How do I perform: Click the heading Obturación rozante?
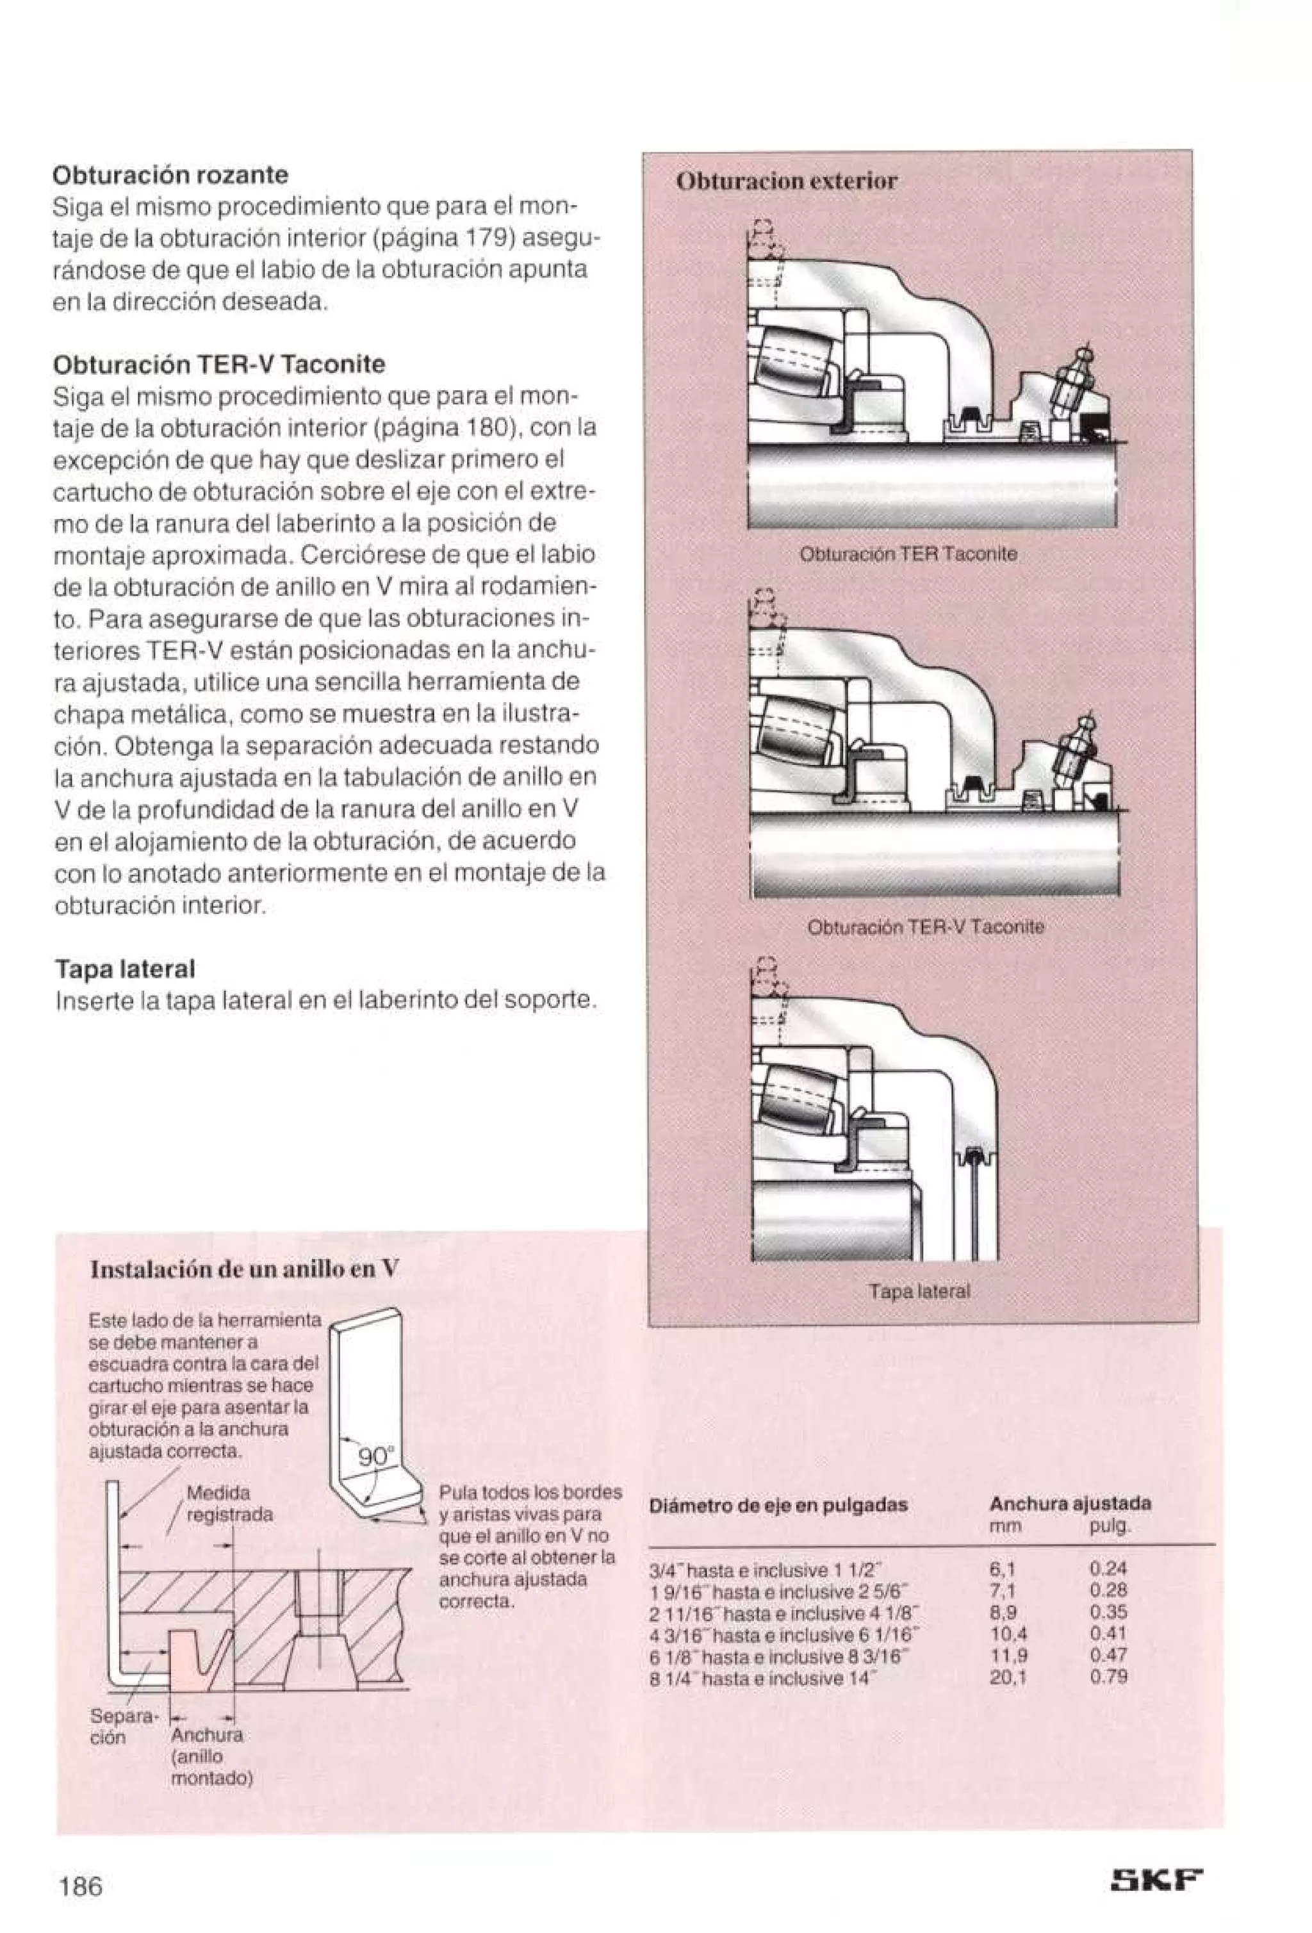click(x=170, y=176)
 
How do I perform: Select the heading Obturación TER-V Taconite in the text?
click(x=218, y=365)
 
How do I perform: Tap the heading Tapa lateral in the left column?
click(x=125, y=969)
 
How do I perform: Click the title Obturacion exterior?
click(x=787, y=181)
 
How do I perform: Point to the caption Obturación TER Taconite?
click(x=907, y=554)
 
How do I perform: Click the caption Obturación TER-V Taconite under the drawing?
click(x=926, y=926)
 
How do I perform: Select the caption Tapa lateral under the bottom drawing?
click(x=919, y=1292)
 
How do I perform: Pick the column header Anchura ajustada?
click(x=1069, y=1503)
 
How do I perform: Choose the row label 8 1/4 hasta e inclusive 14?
click(x=763, y=1677)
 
